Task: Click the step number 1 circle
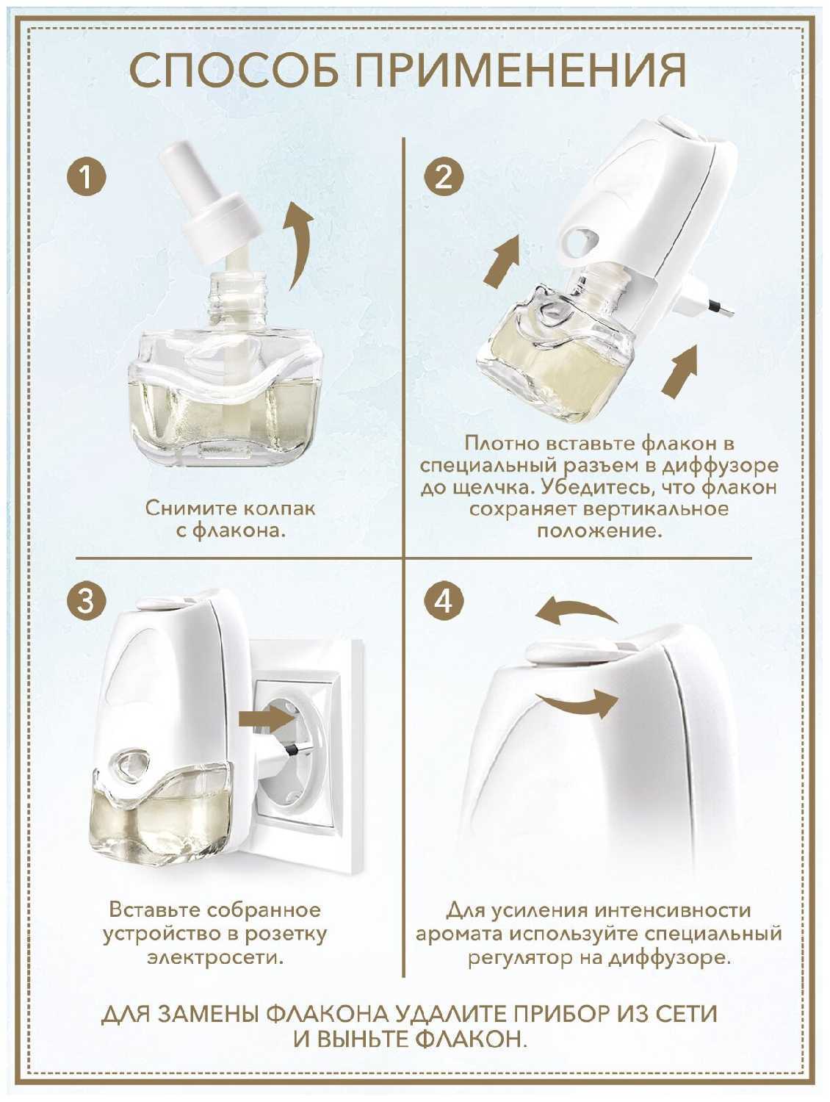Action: [87, 177]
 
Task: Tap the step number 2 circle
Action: [444, 177]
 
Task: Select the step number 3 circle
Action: [87, 600]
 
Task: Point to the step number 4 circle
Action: [444, 600]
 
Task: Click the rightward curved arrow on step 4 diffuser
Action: [577, 702]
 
